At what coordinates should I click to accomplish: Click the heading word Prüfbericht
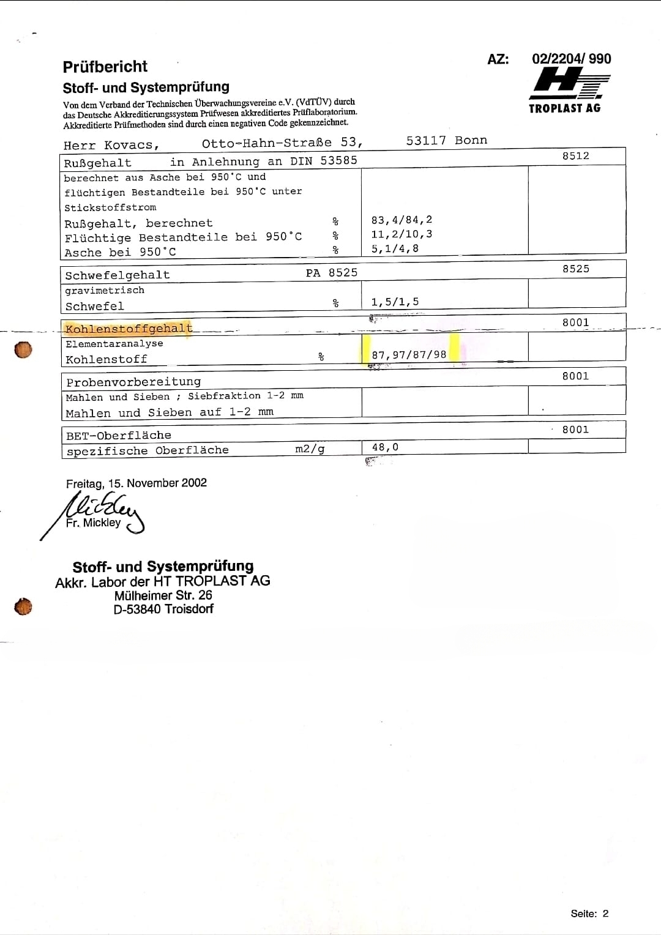point(105,67)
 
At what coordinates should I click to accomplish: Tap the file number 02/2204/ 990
point(571,59)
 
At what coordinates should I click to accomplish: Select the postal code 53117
point(426,141)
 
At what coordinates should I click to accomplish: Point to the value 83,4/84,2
point(401,220)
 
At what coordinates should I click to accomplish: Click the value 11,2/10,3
point(401,234)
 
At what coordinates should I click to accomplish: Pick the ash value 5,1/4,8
point(395,249)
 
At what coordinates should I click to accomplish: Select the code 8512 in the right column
point(575,156)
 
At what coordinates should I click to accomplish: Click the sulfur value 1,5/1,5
point(395,302)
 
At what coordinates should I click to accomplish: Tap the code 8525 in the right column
point(575,269)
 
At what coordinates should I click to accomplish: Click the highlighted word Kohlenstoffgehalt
point(129,329)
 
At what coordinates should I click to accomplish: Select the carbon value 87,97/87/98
point(409,355)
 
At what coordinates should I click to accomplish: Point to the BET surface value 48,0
point(385,447)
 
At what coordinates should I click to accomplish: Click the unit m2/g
point(310,449)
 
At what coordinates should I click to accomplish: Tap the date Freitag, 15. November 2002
point(136,483)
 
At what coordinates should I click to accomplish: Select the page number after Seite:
point(605,914)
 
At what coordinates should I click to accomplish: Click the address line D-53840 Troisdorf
point(163,609)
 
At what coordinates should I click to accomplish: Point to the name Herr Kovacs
point(111,146)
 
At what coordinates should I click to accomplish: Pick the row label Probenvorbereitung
point(133,382)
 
